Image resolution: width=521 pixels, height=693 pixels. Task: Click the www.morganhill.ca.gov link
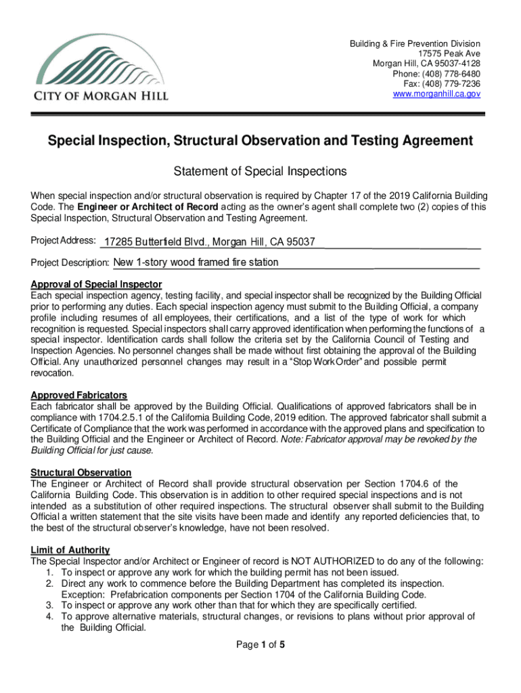pyautogui.click(x=436, y=94)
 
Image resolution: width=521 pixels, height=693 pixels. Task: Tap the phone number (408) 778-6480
pyautogui.click(x=452, y=74)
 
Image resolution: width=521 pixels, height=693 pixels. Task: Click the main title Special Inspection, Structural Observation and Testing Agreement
pyautogui.click(x=260, y=141)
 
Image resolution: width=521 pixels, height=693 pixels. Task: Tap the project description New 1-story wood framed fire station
pyautogui.click(x=196, y=263)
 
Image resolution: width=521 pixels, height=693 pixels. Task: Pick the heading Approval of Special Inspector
pyautogui.click(x=96, y=284)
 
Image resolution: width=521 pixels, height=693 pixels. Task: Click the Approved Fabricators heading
pyautogui.click(x=79, y=395)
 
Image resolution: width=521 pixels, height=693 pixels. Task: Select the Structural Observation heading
pyautogui.click(x=81, y=472)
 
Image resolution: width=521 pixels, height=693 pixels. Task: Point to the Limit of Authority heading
pyautogui.click(x=70, y=550)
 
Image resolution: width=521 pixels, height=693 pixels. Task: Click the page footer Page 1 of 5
pyautogui.click(x=260, y=645)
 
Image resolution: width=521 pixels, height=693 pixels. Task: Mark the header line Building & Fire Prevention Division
pyautogui.click(x=415, y=44)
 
